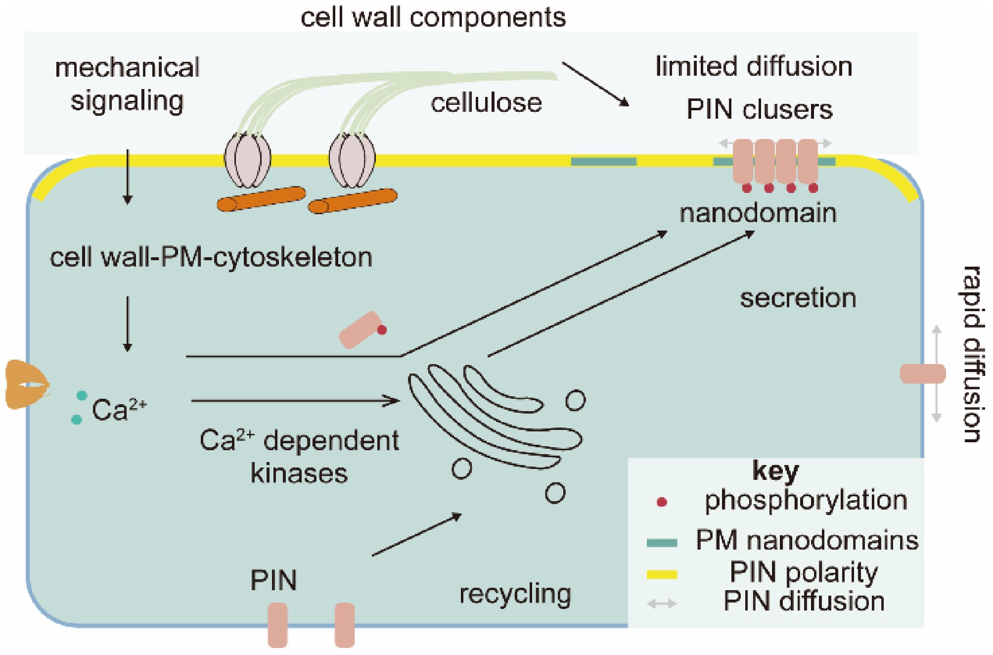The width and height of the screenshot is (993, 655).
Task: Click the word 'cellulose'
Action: (x=486, y=103)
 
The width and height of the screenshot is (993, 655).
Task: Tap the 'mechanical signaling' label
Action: (x=127, y=84)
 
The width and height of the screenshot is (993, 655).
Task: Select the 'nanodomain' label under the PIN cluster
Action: (x=758, y=213)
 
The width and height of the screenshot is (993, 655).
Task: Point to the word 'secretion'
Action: (x=798, y=298)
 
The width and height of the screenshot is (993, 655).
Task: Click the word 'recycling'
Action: (x=515, y=594)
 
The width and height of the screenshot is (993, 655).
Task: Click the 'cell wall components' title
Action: (x=433, y=18)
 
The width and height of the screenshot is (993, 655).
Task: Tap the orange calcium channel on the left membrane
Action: (x=27, y=384)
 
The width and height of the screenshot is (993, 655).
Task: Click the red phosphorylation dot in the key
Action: (x=662, y=503)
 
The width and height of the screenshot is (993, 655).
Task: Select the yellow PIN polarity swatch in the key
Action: (x=662, y=574)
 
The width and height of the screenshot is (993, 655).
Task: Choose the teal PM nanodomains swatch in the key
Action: (x=662, y=543)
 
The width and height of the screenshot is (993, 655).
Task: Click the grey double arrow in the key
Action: (x=662, y=604)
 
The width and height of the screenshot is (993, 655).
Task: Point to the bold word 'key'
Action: (x=775, y=470)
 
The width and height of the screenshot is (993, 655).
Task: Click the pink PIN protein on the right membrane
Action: (x=923, y=374)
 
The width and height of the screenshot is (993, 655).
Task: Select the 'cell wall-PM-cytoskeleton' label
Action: (x=211, y=258)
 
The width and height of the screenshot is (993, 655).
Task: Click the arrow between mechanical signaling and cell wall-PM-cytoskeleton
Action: (x=128, y=177)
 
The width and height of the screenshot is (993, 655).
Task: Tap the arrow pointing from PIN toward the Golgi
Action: (x=416, y=535)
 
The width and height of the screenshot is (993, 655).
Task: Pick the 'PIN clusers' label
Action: (x=759, y=109)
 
